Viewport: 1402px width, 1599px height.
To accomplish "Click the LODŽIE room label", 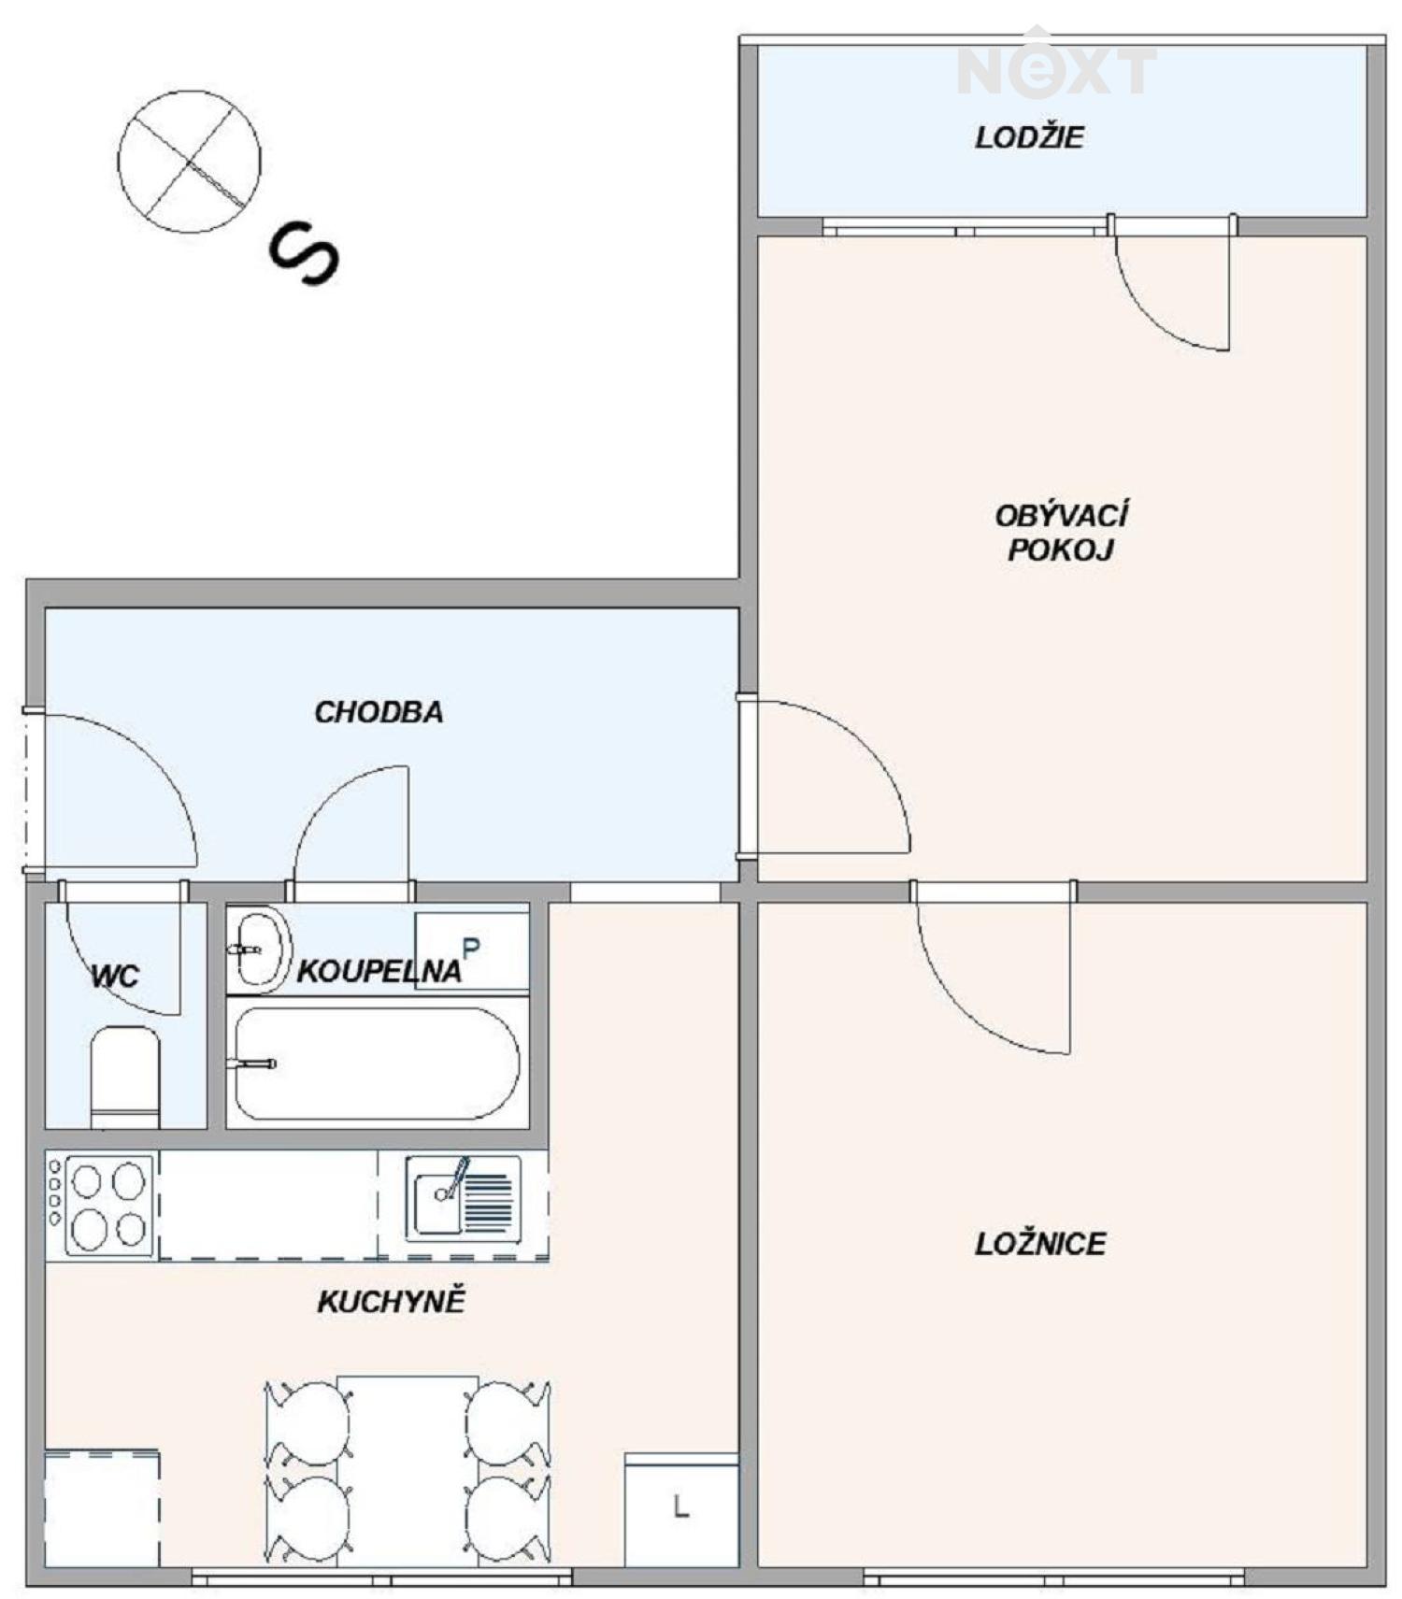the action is click(1029, 138).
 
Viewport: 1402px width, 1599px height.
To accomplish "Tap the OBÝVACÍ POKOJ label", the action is click(1061, 532).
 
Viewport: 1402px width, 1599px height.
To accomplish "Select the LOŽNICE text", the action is click(1040, 1244).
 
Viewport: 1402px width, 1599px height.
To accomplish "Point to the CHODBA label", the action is click(379, 712).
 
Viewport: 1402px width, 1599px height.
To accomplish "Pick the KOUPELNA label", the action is click(379, 971).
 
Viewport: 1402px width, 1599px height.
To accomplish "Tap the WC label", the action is click(115, 977).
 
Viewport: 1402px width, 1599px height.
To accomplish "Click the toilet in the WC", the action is click(125, 1077).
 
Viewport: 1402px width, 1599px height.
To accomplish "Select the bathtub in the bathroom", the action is click(374, 1064).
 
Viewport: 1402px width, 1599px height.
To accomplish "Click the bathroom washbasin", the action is click(259, 949).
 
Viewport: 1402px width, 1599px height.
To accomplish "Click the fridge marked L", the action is click(681, 1508).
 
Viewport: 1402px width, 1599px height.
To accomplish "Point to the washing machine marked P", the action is click(472, 950).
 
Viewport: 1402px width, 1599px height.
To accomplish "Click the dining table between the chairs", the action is click(408, 1470).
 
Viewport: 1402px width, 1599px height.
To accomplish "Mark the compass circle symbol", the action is click(189, 161).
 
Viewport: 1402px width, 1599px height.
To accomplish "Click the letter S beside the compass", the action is click(305, 253).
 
